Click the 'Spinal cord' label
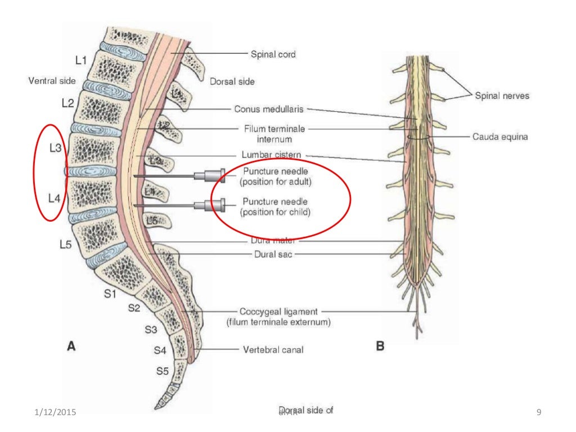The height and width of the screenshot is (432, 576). [x=273, y=55]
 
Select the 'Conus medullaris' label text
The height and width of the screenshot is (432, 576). [x=269, y=109]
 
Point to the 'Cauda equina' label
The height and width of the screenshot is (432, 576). [x=499, y=137]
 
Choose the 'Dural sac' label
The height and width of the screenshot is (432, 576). [x=272, y=254]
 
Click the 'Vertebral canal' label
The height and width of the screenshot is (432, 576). [x=273, y=350]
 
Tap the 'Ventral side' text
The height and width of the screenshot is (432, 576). [x=52, y=81]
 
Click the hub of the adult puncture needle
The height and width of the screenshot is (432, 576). [x=216, y=176]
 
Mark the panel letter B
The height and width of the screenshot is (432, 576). [x=380, y=347]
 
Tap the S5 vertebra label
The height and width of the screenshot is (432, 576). [x=162, y=371]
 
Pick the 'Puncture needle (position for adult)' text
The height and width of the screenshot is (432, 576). [x=276, y=176]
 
